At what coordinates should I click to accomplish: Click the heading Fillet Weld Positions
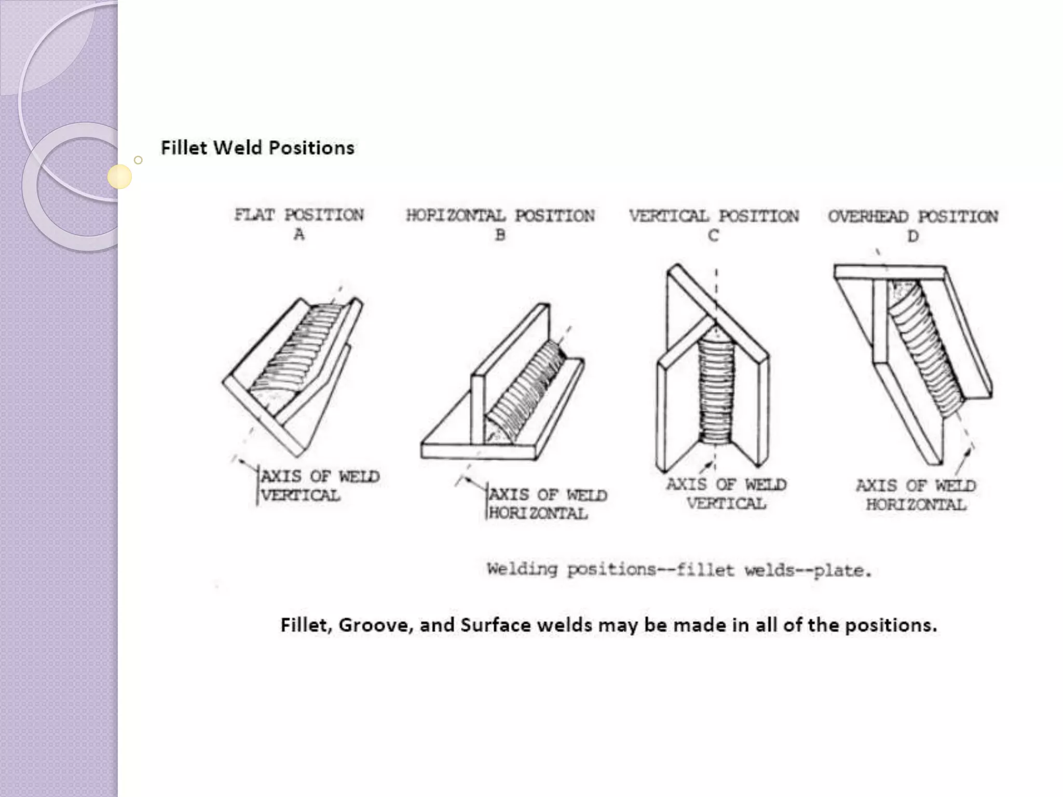(257, 148)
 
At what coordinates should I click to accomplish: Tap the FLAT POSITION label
(299, 215)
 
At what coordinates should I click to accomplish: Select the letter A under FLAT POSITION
(299, 235)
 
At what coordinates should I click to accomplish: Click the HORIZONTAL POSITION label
(500, 216)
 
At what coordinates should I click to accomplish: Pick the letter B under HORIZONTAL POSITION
(500, 236)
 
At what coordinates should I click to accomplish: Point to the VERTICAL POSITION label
(714, 216)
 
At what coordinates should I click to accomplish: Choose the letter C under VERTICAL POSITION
(714, 237)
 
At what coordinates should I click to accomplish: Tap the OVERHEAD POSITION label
(913, 217)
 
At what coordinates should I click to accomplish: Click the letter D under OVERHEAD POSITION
(913, 237)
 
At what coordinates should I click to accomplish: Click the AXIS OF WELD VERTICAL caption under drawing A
(319, 486)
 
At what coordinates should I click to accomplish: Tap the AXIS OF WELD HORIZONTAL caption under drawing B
(548, 504)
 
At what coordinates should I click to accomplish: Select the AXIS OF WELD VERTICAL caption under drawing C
(726, 494)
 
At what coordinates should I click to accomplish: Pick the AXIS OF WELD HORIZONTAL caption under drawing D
(916, 495)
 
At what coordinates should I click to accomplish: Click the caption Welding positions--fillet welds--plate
(678, 570)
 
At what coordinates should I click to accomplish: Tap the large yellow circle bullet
(119, 176)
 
